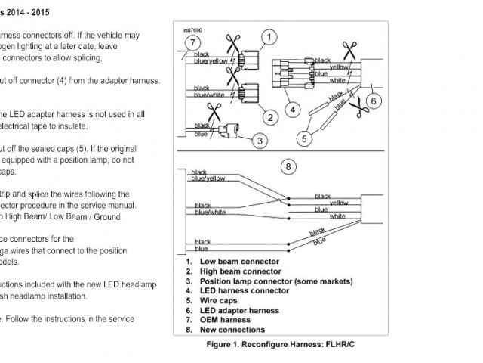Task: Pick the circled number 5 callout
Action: (304, 138)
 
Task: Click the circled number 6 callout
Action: (372, 100)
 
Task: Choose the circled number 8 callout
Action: (288, 166)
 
